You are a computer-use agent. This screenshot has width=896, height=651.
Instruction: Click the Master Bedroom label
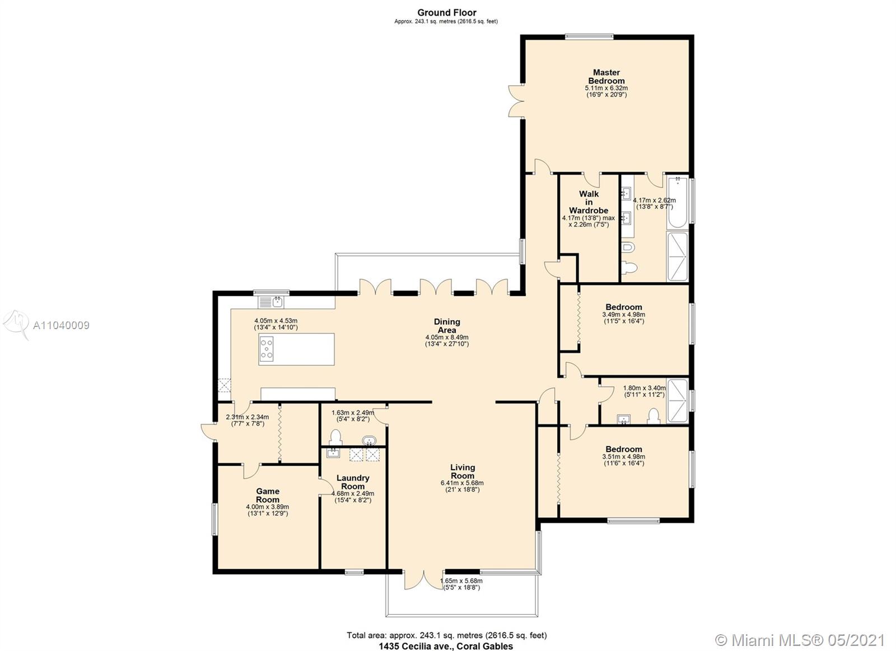[x=606, y=76]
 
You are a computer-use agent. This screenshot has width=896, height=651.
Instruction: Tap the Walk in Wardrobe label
[x=589, y=202]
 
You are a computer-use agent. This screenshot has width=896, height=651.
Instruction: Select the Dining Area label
[x=447, y=326]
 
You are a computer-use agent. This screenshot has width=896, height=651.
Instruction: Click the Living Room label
[x=463, y=471]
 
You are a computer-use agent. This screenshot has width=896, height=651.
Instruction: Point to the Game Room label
[x=268, y=495]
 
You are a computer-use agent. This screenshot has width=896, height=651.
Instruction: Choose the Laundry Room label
[x=353, y=482]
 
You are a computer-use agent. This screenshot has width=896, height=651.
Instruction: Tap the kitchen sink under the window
[x=271, y=302]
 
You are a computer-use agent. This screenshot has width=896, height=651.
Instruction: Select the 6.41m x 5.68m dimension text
[x=462, y=483]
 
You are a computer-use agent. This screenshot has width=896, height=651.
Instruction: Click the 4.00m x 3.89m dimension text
[x=267, y=507]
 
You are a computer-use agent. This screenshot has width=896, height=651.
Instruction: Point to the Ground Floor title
[x=447, y=13]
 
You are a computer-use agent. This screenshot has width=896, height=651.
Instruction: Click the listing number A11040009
[x=61, y=326]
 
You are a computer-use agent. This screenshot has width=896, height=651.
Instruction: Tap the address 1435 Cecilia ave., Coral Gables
[x=446, y=646]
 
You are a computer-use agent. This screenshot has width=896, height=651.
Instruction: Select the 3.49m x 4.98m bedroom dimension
[x=624, y=314]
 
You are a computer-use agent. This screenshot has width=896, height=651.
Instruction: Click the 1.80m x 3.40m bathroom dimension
[x=645, y=388]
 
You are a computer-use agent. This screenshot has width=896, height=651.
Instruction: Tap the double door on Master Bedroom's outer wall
[x=516, y=101]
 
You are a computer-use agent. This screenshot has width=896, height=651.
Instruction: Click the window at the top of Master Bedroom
[x=589, y=37]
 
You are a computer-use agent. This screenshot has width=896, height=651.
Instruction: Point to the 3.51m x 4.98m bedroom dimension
[x=624, y=457]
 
